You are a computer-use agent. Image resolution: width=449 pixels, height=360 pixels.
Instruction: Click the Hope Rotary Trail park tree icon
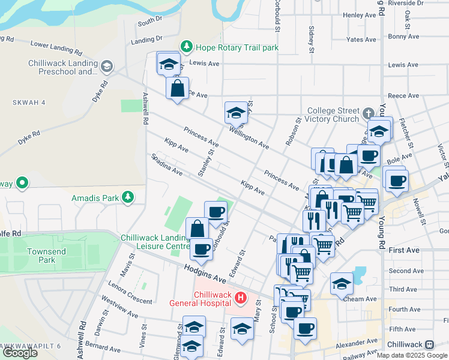[187, 46]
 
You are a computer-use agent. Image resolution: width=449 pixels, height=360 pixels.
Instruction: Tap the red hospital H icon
[240, 297]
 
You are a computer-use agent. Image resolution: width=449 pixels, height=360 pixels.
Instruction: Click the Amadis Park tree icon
[127, 197]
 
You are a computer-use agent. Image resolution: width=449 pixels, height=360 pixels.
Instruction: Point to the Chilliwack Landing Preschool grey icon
[107, 66]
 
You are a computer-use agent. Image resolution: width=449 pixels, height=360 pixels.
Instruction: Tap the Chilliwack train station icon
[430, 344]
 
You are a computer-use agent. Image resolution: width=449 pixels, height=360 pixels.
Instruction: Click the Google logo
[20, 353]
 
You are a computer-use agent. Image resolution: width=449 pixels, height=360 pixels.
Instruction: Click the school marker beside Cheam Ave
[342, 283]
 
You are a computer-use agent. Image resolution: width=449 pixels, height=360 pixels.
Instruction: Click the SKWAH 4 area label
[28, 103]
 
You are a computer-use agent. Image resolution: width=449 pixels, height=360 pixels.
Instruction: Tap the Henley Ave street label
[359, 14]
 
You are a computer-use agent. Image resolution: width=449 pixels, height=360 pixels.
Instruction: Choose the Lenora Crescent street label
[130, 292]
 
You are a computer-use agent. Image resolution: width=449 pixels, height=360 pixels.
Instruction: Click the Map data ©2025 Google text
[412, 355]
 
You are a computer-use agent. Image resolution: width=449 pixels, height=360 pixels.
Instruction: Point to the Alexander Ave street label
[357, 346]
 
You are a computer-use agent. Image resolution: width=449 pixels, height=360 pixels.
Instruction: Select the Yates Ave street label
[362, 40]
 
